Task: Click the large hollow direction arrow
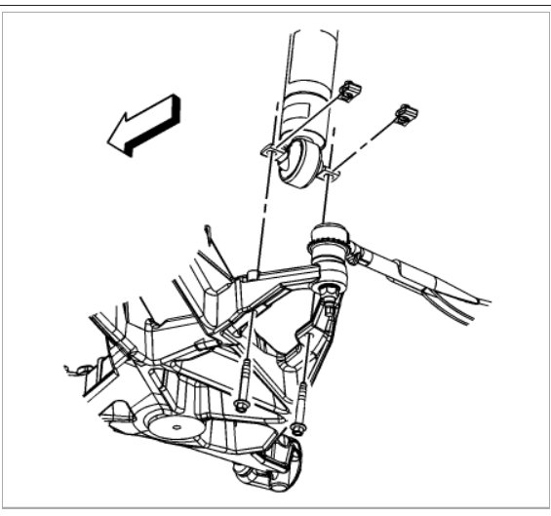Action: coord(145,125)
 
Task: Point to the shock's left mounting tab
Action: coord(270,151)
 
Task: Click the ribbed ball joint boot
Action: coord(328,244)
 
